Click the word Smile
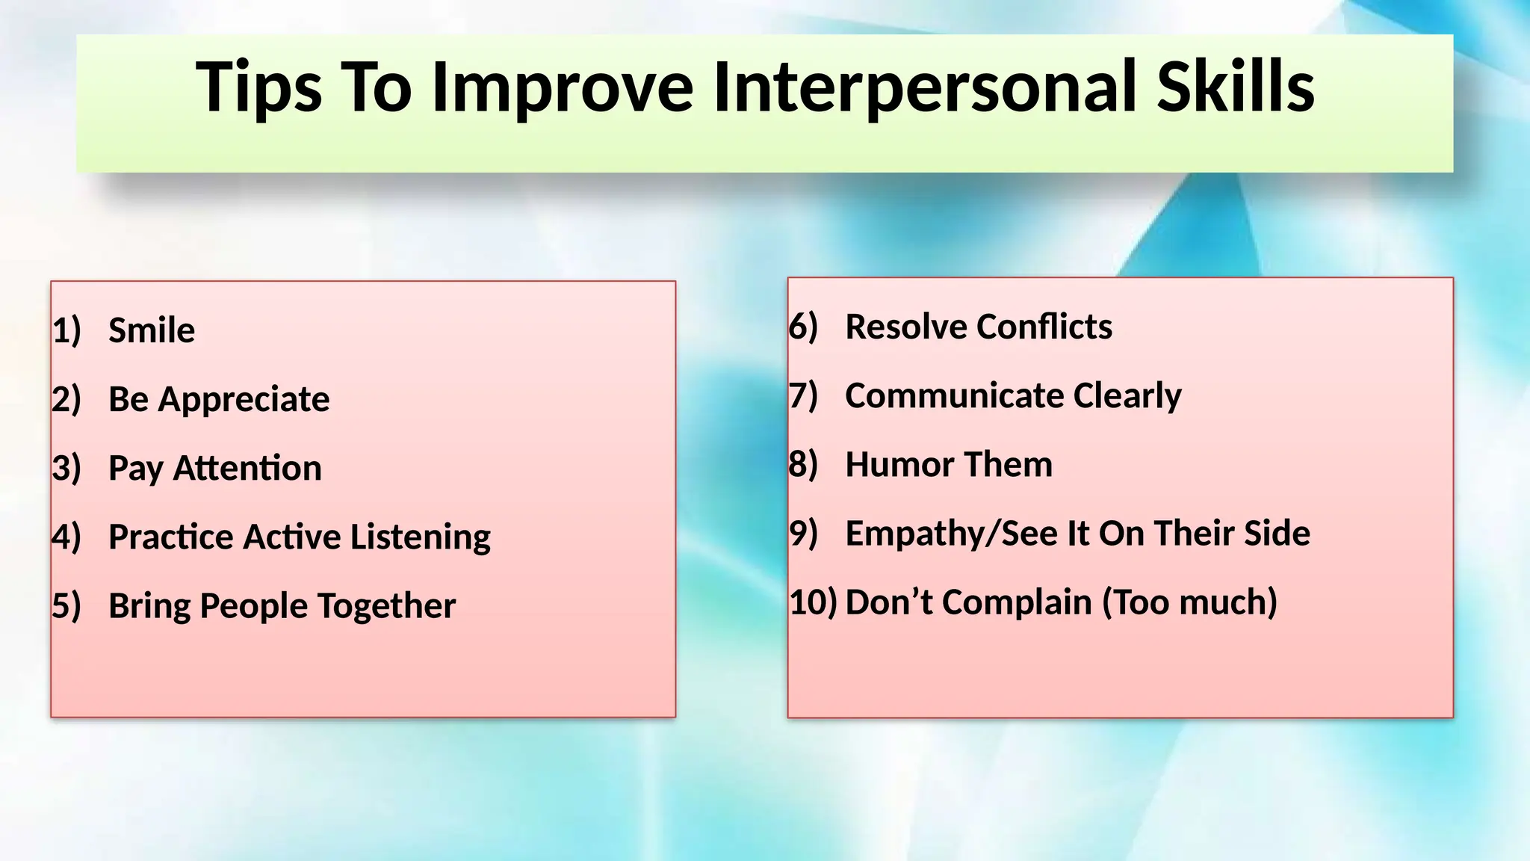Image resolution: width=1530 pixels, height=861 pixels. pos(152,330)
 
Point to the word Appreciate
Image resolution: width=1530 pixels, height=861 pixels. pos(244,399)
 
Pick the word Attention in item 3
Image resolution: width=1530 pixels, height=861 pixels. pos(247,469)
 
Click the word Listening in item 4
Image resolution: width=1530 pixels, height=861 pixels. pos(420,537)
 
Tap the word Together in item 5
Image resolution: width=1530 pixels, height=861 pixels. pos(386,606)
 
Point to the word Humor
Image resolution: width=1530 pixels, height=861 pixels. pos(892,464)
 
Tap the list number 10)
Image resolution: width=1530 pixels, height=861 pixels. pos(813,602)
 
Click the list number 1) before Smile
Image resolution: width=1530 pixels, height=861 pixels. pos(66,330)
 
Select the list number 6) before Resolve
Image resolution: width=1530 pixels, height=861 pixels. pos(803,327)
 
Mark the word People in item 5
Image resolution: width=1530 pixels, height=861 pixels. pos(253,606)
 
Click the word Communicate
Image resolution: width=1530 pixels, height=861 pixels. pos(954,395)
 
